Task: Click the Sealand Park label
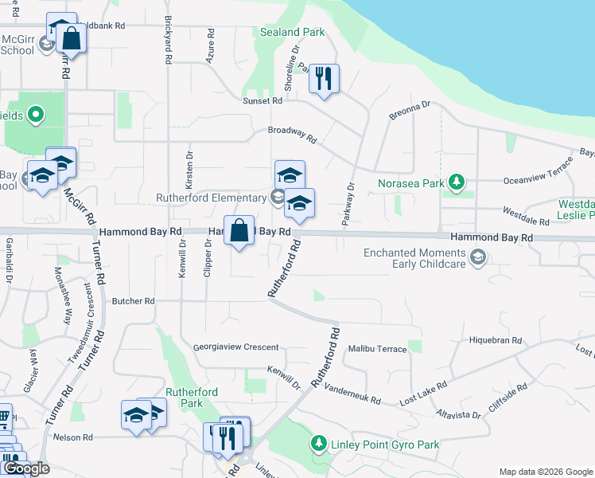click(x=293, y=33)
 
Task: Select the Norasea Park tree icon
click(x=457, y=183)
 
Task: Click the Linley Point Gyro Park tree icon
click(x=318, y=442)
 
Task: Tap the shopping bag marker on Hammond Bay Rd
click(x=239, y=231)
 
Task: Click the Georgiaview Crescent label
click(x=236, y=347)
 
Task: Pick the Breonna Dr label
click(x=409, y=111)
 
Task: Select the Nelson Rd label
click(x=73, y=437)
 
